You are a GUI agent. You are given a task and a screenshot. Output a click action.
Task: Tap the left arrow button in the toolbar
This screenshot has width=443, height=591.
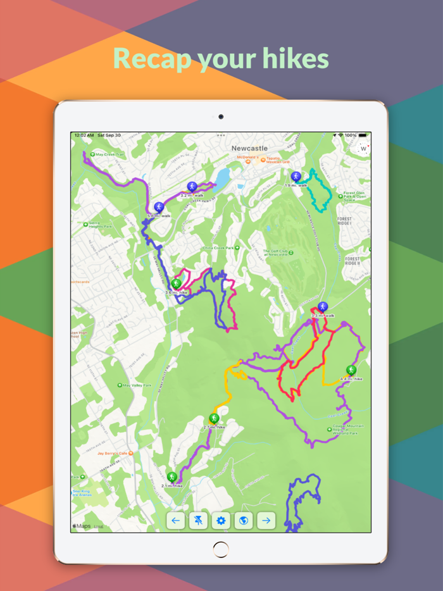(x=175, y=521)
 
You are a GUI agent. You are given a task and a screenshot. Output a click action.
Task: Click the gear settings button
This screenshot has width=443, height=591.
(x=221, y=521)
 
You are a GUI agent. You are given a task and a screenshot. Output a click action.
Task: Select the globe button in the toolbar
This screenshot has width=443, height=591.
(x=244, y=521)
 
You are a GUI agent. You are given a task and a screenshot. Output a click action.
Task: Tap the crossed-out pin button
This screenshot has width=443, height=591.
(x=198, y=521)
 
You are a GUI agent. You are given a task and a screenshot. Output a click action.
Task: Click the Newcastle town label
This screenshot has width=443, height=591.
(x=251, y=149)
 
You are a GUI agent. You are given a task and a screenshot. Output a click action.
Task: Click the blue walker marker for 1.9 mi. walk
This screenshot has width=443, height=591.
(x=296, y=177)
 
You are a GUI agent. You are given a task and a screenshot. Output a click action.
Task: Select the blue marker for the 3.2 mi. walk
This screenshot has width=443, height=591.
(x=192, y=187)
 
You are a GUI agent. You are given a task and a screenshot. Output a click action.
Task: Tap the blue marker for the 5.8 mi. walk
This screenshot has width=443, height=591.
(x=159, y=207)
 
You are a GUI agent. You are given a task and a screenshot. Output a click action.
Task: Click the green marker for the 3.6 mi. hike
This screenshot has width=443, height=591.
(x=177, y=283)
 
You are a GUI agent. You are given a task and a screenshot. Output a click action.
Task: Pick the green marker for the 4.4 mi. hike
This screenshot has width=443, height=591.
(x=351, y=370)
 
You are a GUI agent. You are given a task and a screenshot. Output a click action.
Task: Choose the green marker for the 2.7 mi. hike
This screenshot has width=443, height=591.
(x=214, y=419)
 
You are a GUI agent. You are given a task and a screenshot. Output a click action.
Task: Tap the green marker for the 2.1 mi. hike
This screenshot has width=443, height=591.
(x=172, y=476)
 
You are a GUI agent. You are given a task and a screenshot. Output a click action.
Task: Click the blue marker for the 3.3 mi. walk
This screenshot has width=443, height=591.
(x=323, y=307)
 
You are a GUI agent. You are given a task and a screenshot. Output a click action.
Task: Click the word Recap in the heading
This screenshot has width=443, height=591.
(x=152, y=58)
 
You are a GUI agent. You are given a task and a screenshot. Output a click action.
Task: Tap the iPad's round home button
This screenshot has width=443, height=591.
(x=221, y=549)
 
